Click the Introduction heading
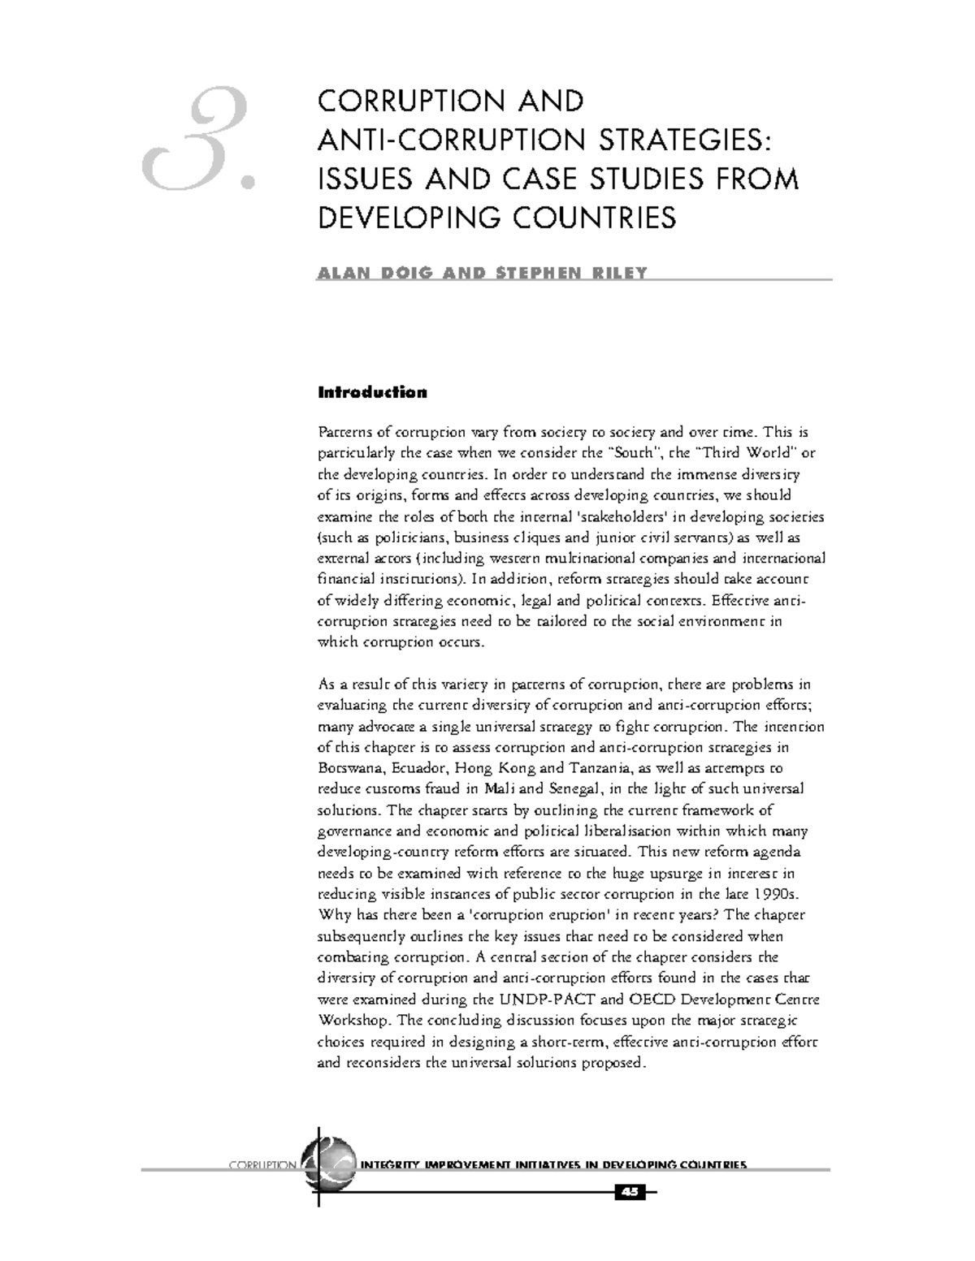[x=371, y=393]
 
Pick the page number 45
[x=630, y=1191]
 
